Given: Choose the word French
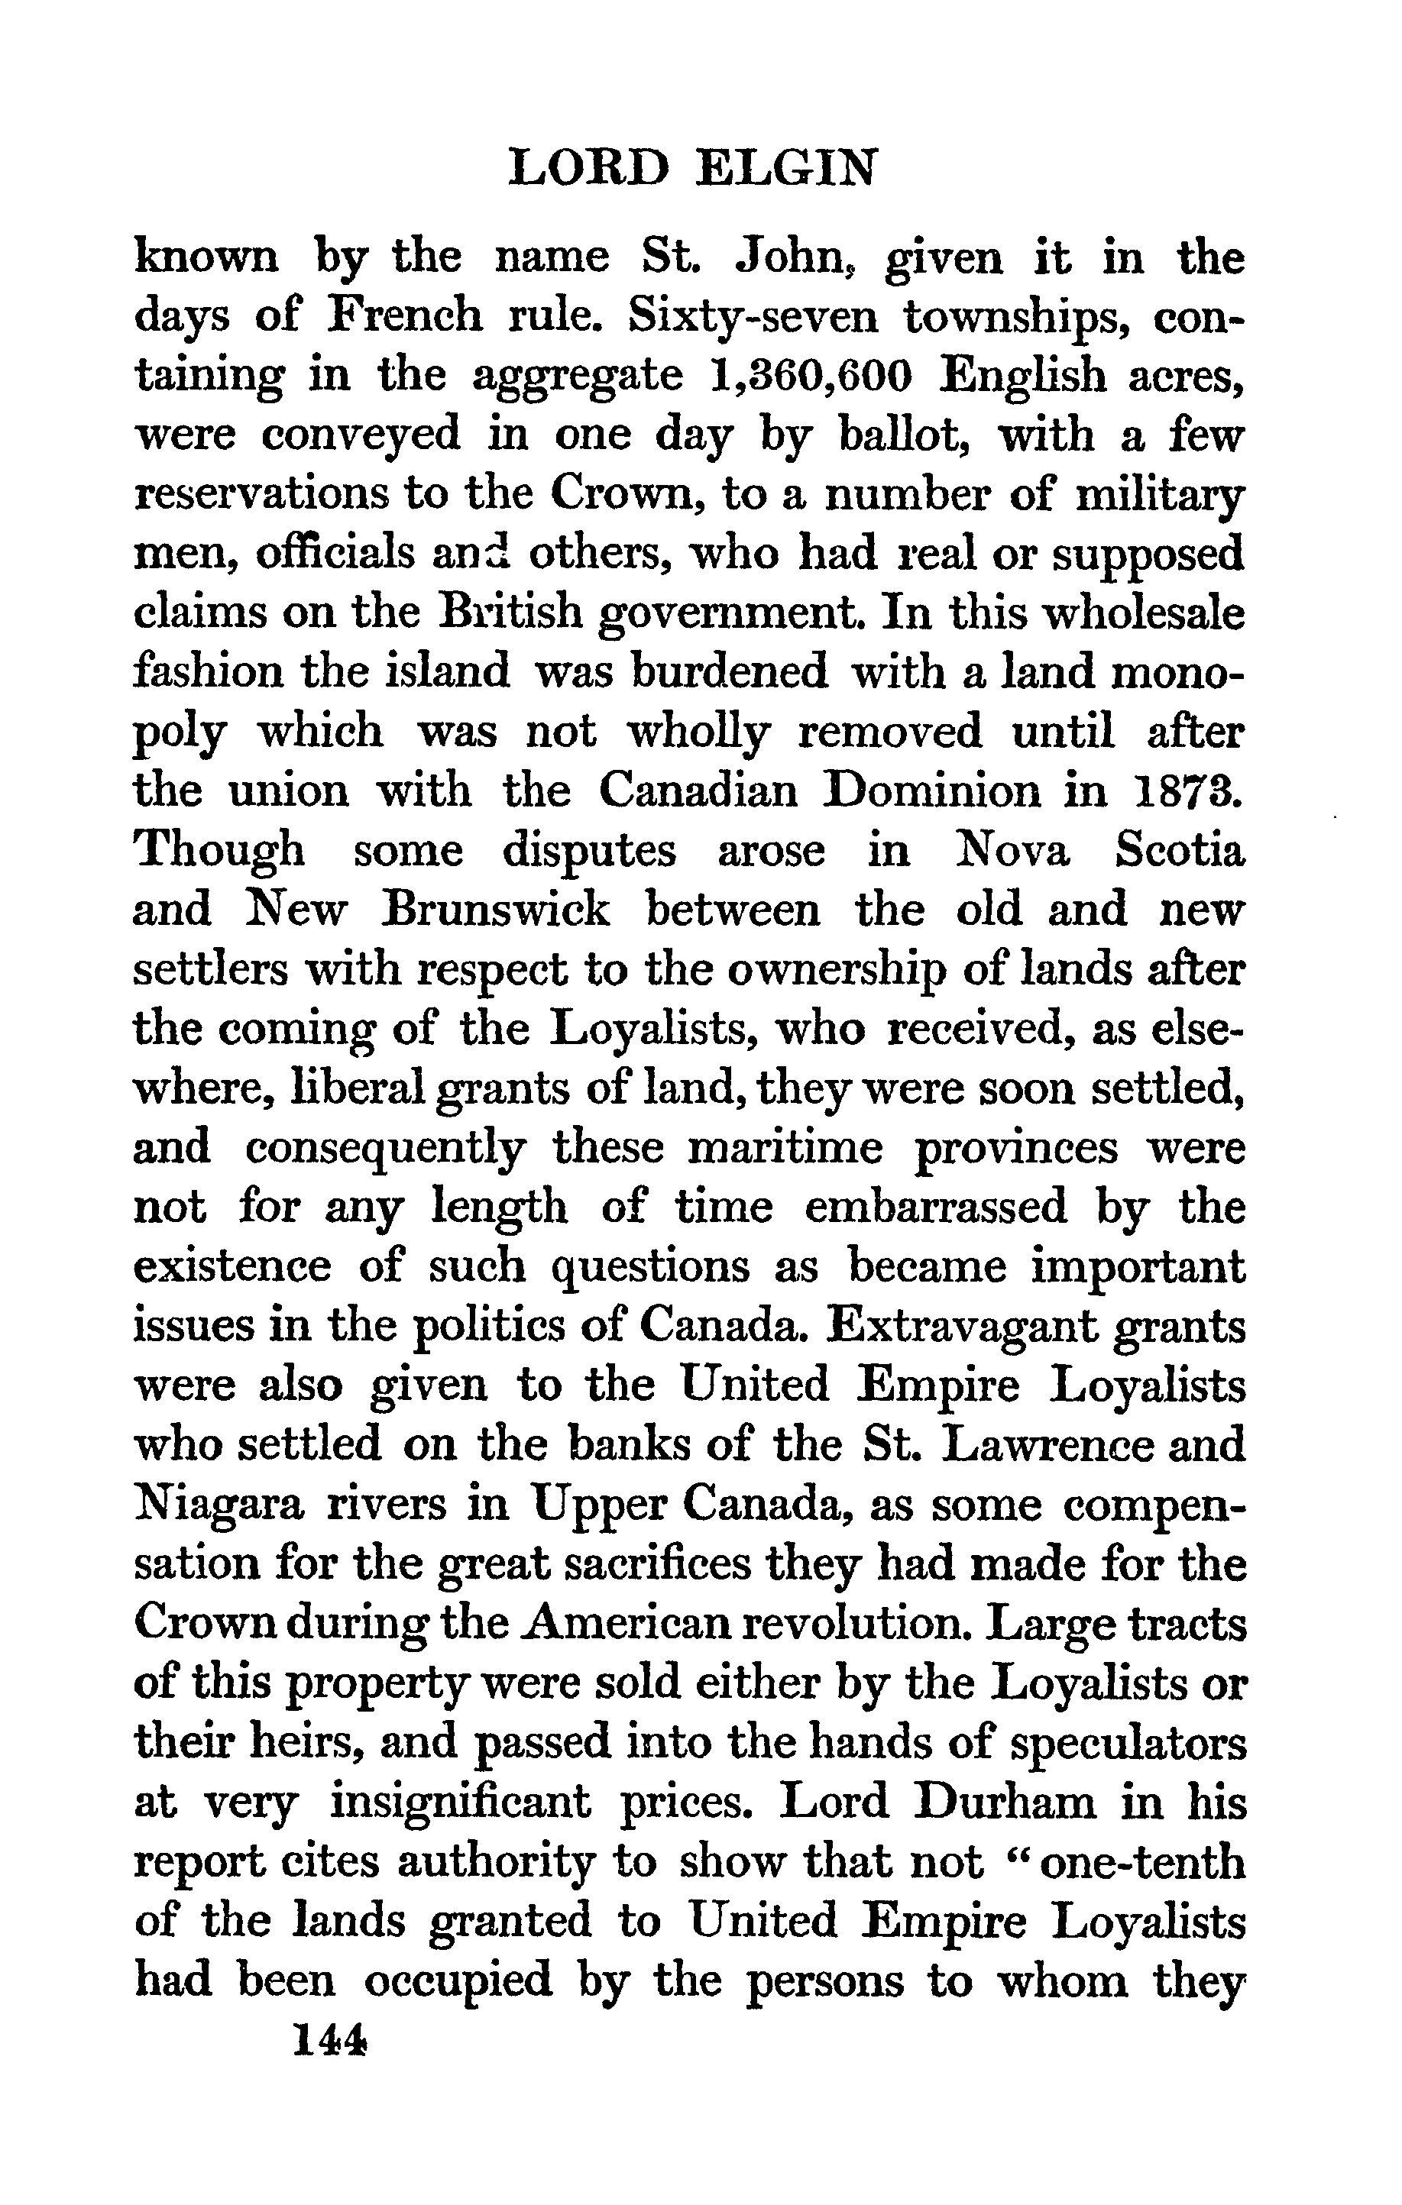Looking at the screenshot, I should click(404, 317).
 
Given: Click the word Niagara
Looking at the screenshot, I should click(218, 1505).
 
